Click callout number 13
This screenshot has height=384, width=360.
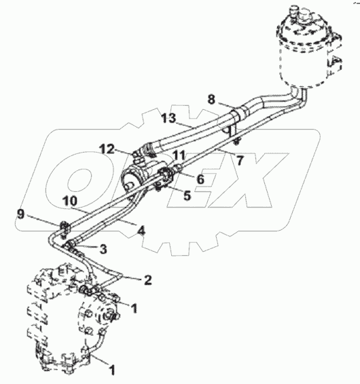pyautogui.click(x=168, y=119)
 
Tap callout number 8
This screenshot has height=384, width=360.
pyautogui.click(x=211, y=100)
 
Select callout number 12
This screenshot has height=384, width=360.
pyautogui.click(x=107, y=149)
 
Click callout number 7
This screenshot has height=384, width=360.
pyautogui.click(x=240, y=161)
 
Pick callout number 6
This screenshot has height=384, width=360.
pyautogui.click(x=200, y=179)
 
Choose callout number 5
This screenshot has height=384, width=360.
pyautogui.click(x=187, y=195)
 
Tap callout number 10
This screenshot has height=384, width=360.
pyautogui.click(x=70, y=201)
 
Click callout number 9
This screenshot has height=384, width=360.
pyautogui.click(x=21, y=215)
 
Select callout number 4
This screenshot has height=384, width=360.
pyautogui.click(x=141, y=231)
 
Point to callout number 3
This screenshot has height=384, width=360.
pyautogui.click(x=103, y=249)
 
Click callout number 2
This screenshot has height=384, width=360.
pyautogui.click(x=147, y=280)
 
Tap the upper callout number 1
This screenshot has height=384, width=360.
pyautogui.click(x=134, y=309)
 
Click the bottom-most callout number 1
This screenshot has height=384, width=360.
pyautogui.click(x=112, y=370)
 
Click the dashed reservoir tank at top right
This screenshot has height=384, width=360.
pyautogui.click(x=308, y=47)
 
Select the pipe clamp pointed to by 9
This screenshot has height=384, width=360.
pyautogui.click(x=65, y=229)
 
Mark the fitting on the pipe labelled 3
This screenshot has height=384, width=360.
pyautogui.click(x=69, y=244)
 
